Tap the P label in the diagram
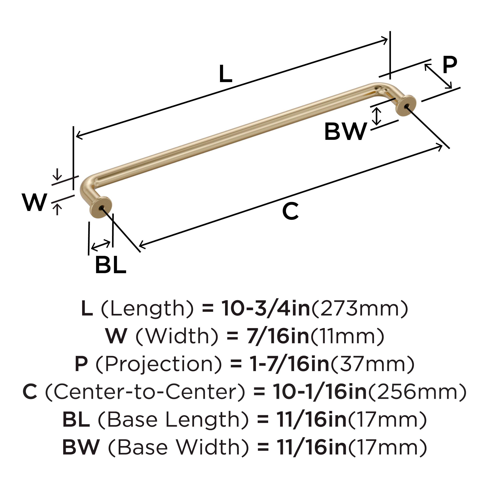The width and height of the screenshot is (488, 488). tap(450, 65)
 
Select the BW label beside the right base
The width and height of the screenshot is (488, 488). tap(345, 131)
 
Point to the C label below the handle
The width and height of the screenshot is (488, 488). tap(290, 211)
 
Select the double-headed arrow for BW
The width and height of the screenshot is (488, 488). tap(377, 116)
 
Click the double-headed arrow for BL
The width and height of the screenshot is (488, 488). tap(101, 245)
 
